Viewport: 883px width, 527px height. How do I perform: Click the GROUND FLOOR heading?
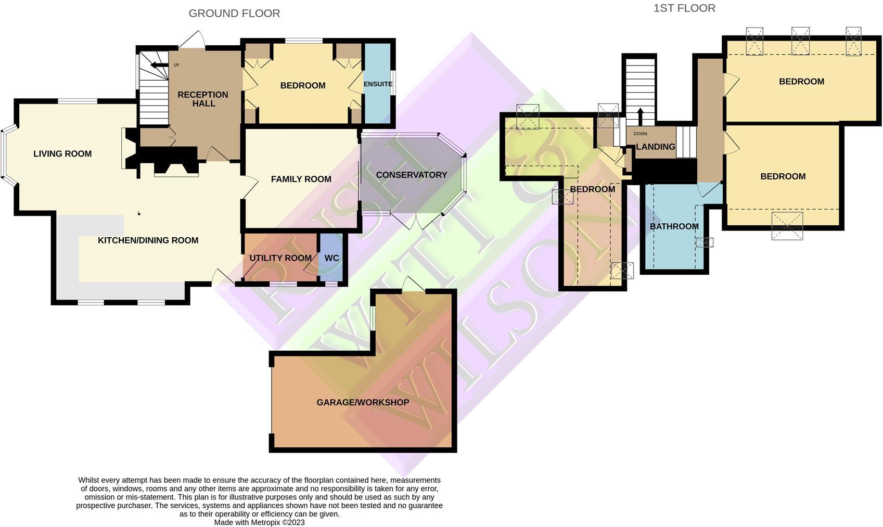pyautogui.click(x=234, y=14)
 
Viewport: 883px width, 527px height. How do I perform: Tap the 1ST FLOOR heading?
pyautogui.click(x=684, y=8)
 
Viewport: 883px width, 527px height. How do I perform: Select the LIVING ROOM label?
pyautogui.click(x=62, y=154)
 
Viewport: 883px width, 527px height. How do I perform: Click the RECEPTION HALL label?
pyautogui.click(x=203, y=99)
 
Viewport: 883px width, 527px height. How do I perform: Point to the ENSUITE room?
pyautogui.click(x=378, y=84)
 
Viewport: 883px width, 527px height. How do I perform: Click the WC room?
pyautogui.click(x=331, y=258)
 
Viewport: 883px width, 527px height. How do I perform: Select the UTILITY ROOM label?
pyautogui.click(x=280, y=258)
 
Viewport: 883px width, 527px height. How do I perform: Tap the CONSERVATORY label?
pyautogui.click(x=412, y=175)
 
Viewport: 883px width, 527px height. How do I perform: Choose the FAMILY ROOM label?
pyautogui.click(x=301, y=179)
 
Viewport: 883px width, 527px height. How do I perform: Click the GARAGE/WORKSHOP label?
pyautogui.click(x=363, y=403)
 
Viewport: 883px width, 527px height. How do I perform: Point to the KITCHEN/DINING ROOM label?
pyautogui.click(x=148, y=240)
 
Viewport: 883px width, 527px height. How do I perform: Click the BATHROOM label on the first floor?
pyautogui.click(x=674, y=226)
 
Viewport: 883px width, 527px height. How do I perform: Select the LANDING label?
pyautogui.click(x=655, y=147)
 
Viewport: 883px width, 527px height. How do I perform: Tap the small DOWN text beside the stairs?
pyautogui.click(x=641, y=134)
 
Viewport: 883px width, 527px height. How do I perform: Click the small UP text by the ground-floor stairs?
pyautogui.click(x=176, y=65)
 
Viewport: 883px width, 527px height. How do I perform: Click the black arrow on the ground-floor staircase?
pyautogui.click(x=157, y=65)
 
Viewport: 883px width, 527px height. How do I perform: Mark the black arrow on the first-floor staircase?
pyautogui.click(x=640, y=115)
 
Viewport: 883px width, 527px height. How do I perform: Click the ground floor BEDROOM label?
pyautogui.click(x=303, y=86)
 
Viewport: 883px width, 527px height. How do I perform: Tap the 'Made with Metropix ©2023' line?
pyautogui.click(x=259, y=522)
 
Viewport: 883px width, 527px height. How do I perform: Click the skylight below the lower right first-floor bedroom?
pyautogui.click(x=787, y=226)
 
